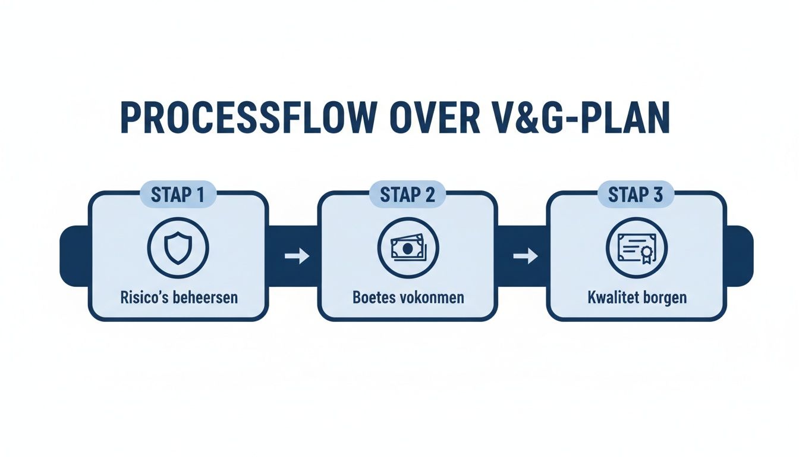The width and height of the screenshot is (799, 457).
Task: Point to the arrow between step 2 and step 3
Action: pyautogui.click(x=525, y=256)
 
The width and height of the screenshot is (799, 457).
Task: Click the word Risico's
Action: pyautogui.click(x=142, y=297)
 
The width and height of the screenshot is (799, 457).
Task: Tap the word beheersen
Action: pyautogui.click(x=203, y=297)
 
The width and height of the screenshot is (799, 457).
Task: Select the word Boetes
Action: pyautogui.click(x=373, y=297)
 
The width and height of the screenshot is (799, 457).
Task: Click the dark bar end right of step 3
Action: pyautogui.click(x=740, y=256)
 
